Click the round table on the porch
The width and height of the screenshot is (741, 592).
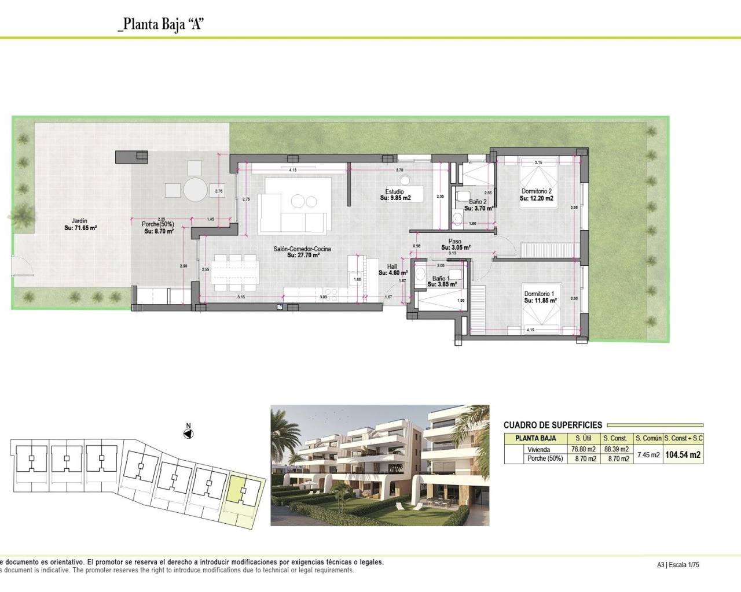pyautogui.click(x=195, y=188)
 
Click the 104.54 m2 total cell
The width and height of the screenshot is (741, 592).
pyautogui.click(x=683, y=455)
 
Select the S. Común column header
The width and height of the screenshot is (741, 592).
pyautogui.click(x=648, y=438)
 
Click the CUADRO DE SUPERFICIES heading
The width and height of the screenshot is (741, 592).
pyautogui.click(x=553, y=425)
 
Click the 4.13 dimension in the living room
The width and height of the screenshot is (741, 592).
pyautogui.click(x=292, y=170)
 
